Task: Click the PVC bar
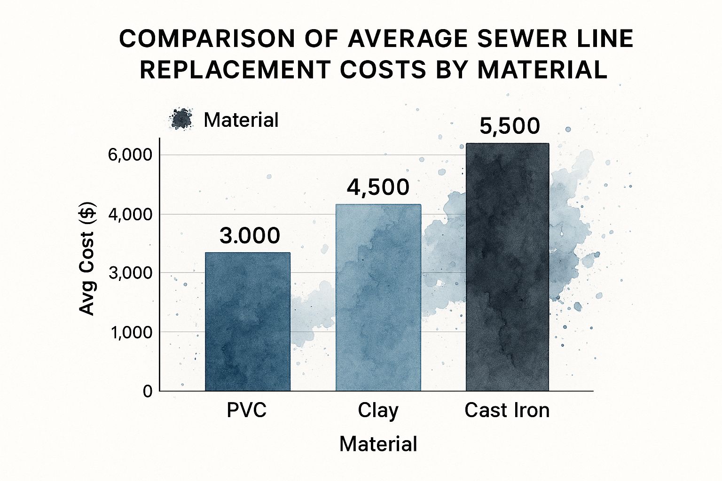tap(248, 322)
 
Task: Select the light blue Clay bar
tap(378, 297)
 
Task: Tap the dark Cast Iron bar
tap(507, 267)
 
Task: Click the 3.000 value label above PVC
tap(250, 235)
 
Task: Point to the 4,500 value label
tap(378, 187)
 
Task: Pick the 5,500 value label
tap(510, 126)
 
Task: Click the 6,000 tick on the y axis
tap(130, 155)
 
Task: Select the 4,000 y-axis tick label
tap(130, 215)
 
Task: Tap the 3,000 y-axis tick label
tap(130, 273)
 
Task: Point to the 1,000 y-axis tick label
tap(131, 333)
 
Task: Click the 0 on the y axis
tap(148, 391)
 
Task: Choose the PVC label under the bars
tap(246, 410)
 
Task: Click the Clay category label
tap(378, 410)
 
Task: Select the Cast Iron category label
tap(507, 410)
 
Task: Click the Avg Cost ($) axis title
tap(87, 258)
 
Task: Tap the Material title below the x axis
tap(378, 444)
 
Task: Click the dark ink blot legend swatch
tap(181, 119)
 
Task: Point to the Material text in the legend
tap(241, 120)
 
